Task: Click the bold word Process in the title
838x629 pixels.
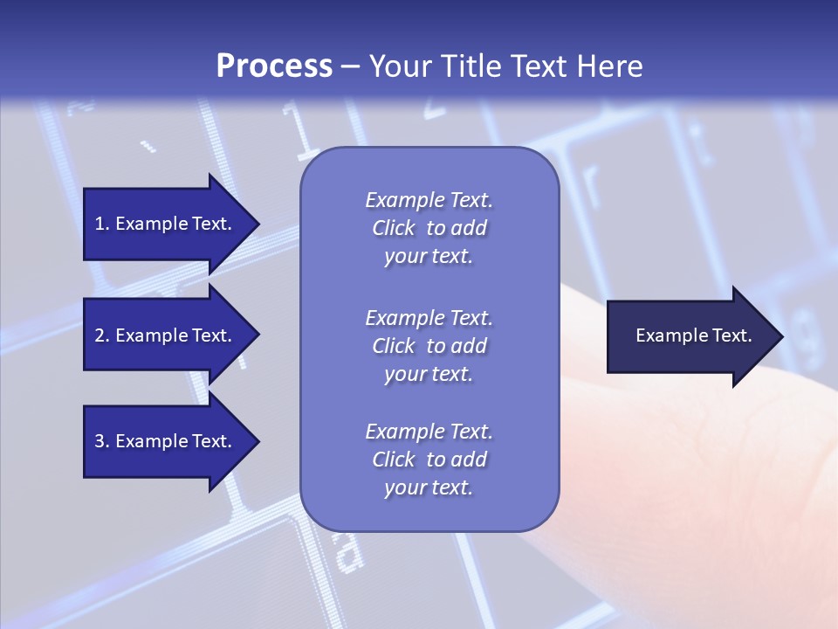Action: click(x=274, y=66)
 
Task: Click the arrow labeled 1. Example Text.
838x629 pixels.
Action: click(x=166, y=224)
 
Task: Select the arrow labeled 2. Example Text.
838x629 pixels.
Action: click(x=166, y=335)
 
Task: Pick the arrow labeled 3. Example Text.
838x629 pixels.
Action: click(x=166, y=441)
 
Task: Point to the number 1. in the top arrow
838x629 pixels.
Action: click(x=102, y=224)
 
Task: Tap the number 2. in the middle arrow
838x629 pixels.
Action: click(x=102, y=335)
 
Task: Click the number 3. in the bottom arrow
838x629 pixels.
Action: click(x=102, y=441)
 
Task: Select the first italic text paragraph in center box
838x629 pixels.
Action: click(x=429, y=228)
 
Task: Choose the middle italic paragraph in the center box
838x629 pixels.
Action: click(x=429, y=346)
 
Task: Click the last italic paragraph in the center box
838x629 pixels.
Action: click(x=429, y=460)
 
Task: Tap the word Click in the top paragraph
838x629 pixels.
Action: click(x=394, y=228)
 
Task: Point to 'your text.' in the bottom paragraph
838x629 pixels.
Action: click(x=429, y=488)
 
